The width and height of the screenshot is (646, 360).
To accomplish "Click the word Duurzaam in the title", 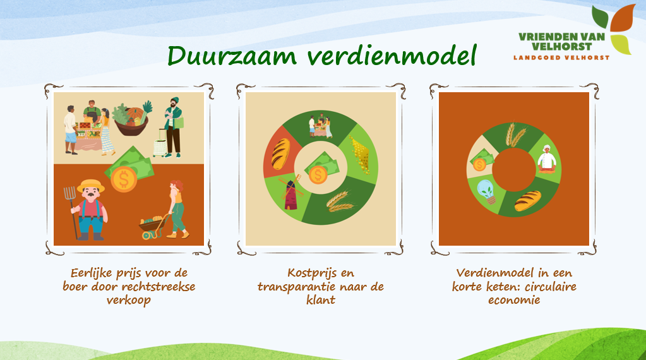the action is (232, 56).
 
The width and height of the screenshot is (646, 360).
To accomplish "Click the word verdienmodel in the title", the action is (392, 56).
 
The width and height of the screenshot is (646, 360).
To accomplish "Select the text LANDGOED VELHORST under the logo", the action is (561, 57).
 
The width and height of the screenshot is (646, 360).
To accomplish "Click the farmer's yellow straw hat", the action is (91, 186).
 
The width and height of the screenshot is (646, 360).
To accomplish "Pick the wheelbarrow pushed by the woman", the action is (153, 225).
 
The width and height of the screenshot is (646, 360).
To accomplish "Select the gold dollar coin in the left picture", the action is (123, 179).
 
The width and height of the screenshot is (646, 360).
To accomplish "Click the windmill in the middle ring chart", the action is (290, 192).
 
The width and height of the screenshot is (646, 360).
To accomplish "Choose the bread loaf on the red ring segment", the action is (280, 154).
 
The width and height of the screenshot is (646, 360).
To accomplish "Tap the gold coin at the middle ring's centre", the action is (318, 175).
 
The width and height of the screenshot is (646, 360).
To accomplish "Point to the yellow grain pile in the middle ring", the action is (360, 155).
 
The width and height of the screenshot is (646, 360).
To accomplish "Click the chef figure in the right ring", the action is (547, 159).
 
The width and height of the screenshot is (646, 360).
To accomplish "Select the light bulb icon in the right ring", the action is (487, 191).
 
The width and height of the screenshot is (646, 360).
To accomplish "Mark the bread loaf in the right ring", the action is (528, 201).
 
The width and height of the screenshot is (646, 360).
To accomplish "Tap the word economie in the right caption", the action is (514, 300).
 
